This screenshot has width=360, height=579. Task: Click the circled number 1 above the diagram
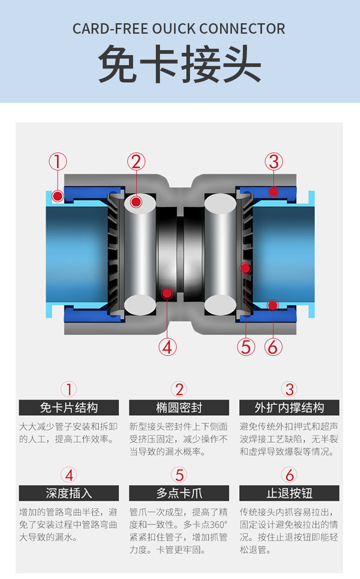58,162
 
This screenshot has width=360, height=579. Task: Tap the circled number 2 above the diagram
136,162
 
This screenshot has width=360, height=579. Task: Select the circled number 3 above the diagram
273,162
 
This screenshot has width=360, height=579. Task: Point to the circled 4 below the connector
167,347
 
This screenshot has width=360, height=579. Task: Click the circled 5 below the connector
246,347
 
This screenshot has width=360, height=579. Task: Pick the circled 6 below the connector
273,347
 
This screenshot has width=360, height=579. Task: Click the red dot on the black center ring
167,293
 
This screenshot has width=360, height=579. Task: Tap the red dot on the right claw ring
246,268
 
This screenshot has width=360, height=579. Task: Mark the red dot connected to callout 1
57,196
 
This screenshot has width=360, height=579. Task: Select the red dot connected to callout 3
273,192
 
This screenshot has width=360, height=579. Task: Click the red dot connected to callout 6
273,305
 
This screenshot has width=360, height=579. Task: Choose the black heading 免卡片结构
69,408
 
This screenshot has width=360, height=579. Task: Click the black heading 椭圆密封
179,408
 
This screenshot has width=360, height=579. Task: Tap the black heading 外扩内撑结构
289,408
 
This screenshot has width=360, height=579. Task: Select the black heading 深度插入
69,493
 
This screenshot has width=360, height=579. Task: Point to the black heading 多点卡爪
179,493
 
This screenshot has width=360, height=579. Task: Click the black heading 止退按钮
289,493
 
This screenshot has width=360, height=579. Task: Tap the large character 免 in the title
118,64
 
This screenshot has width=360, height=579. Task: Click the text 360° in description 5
217,524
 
